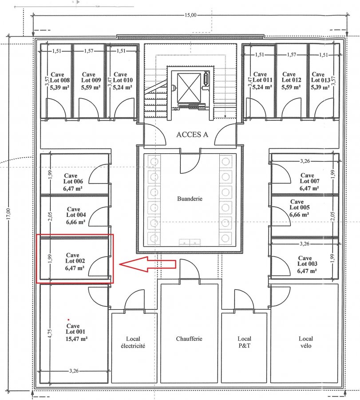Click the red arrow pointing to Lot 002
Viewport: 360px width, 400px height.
click(x=148, y=264)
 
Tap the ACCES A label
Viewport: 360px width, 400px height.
click(x=192, y=135)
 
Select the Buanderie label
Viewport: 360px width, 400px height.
click(x=190, y=199)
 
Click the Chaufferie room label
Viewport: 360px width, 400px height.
click(x=189, y=339)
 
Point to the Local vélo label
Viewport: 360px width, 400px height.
click(x=305, y=342)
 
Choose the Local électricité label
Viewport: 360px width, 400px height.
click(x=133, y=342)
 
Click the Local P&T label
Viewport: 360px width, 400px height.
click(x=244, y=342)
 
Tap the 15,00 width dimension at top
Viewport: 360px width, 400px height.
click(x=190, y=15)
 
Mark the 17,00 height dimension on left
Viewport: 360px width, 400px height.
click(x=8, y=213)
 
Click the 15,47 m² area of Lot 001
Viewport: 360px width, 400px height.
click(x=76, y=339)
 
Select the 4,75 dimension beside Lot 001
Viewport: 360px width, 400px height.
click(x=50, y=334)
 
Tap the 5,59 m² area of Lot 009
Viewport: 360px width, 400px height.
click(x=91, y=88)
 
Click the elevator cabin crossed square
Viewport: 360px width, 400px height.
click(x=189, y=88)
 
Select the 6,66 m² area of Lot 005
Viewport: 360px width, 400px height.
click(x=299, y=215)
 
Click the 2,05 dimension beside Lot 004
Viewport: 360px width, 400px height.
click(x=51, y=216)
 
